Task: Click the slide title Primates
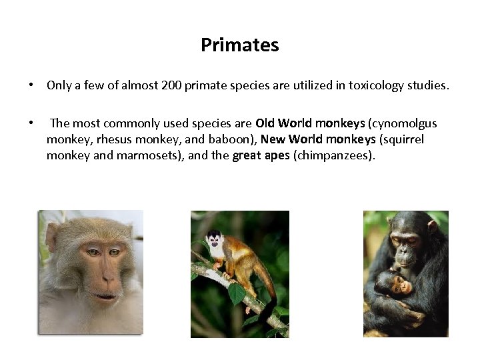(x=239, y=45)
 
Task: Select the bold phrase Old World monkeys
(x=310, y=123)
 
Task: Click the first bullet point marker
(x=31, y=86)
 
